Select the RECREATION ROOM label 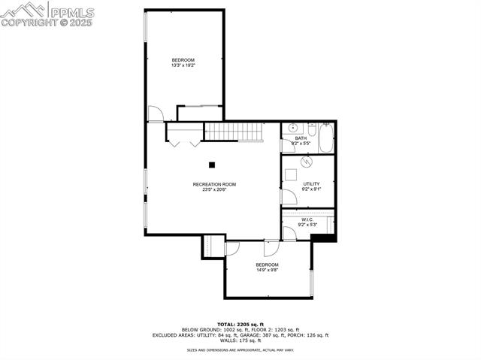(214, 184)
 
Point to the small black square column (213, 165)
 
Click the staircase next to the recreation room (232, 132)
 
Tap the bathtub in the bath (326, 138)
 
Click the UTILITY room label (311, 183)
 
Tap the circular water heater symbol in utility (306, 162)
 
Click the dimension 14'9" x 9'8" (267, 270)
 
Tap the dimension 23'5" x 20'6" (214, 189)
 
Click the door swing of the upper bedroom (155, 114)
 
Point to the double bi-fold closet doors (183, 138)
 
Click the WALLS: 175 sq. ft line (240, 340)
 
